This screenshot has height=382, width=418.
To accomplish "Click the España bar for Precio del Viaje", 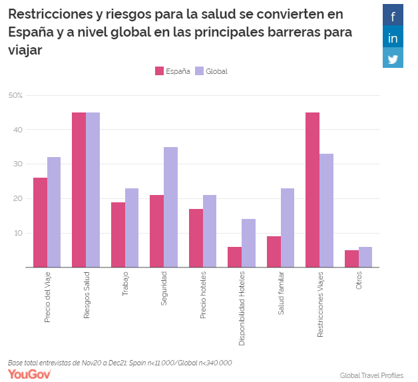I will coord(40,222).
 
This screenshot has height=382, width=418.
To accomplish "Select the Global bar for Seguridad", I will coord(170,207).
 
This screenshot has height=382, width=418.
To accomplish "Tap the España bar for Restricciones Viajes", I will coord(312,190).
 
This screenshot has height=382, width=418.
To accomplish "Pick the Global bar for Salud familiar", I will coord(288,228).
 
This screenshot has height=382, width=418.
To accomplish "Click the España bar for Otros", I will coord(351,258).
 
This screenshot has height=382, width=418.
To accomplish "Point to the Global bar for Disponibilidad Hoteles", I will coord(248,243).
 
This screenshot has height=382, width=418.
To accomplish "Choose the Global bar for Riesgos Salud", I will coord(93,190).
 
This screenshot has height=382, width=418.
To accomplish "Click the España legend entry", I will coord(172,71).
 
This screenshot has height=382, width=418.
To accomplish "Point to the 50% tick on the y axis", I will coord(15,95).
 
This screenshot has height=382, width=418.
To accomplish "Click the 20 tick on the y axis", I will coord(18,198).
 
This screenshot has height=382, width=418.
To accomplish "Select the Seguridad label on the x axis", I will coord(164,288).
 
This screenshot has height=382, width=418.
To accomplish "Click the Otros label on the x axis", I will coord(359,282).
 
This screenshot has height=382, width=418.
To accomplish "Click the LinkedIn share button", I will coord(393,37).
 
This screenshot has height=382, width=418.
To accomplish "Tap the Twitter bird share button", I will coord(393,59).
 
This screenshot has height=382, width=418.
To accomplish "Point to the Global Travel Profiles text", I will coord(371,375).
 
